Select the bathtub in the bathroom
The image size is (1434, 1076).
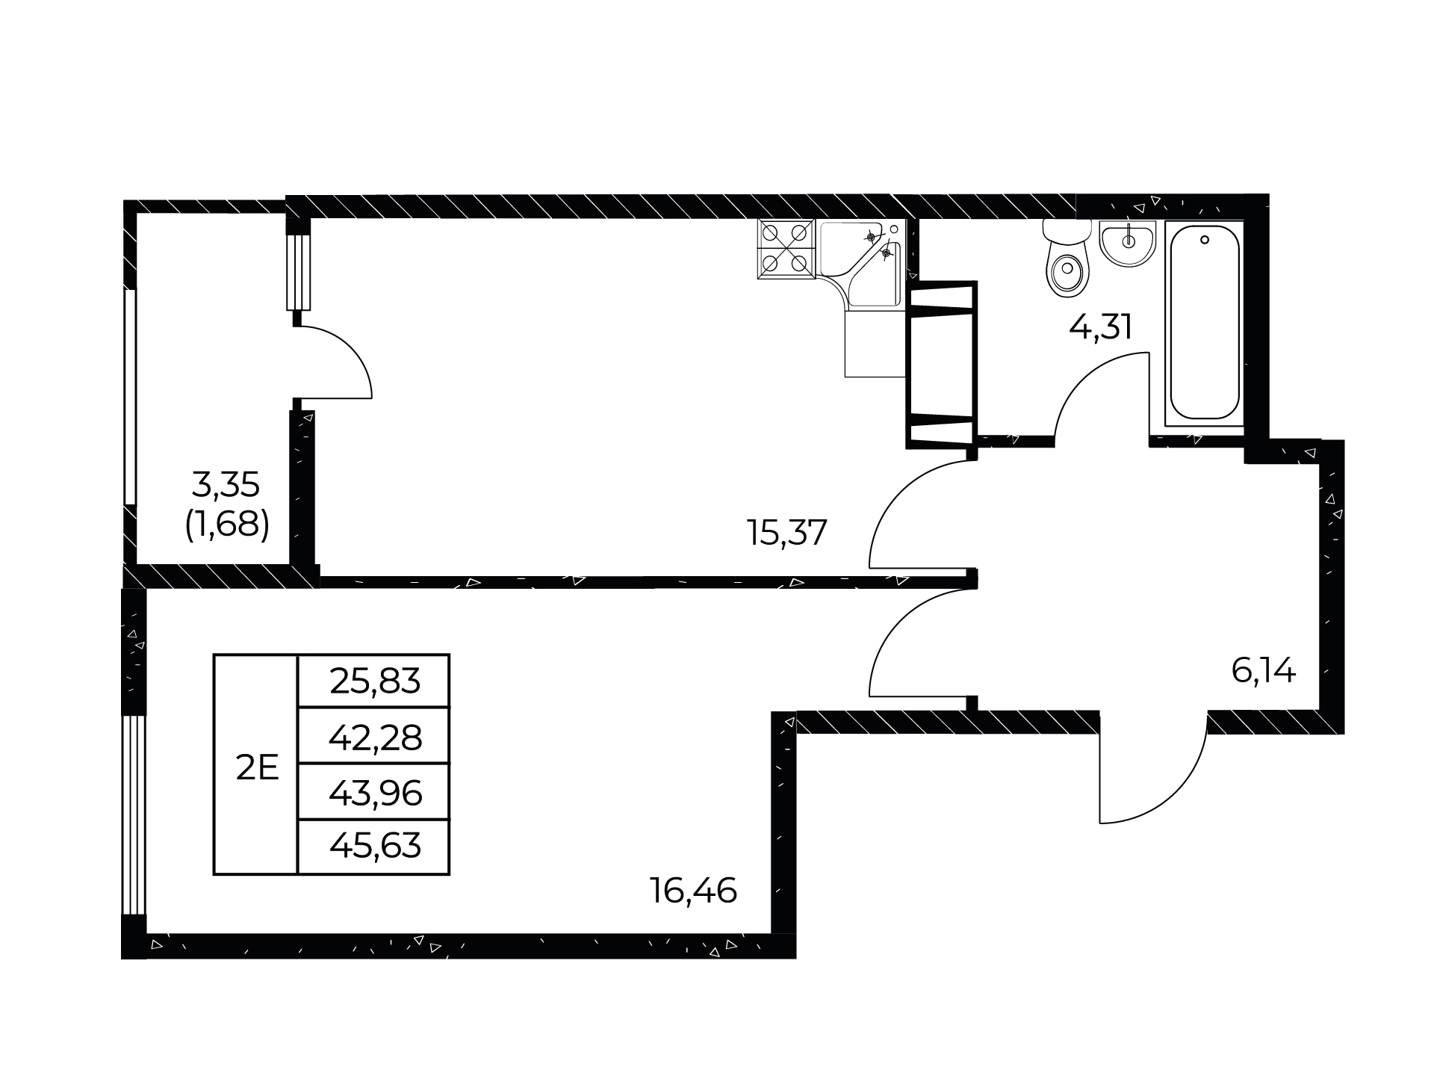pos(1204,322)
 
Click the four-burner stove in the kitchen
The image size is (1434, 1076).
pos(786,249)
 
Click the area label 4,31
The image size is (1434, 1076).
pos(1101,327)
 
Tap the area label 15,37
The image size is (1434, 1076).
pos(787,533)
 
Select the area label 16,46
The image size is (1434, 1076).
pos(694,891)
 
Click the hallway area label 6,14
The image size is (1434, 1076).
pos(1264,671)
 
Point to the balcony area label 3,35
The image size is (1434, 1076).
pos(226,486)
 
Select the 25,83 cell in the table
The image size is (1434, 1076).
pos(374,681)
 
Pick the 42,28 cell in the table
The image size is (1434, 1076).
pos(374,736)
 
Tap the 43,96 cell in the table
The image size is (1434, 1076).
pos(374,792)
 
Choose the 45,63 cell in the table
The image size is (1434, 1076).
pos(374,847)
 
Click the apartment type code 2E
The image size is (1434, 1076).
pos(257,768)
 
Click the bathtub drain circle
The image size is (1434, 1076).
pos(1204,240)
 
